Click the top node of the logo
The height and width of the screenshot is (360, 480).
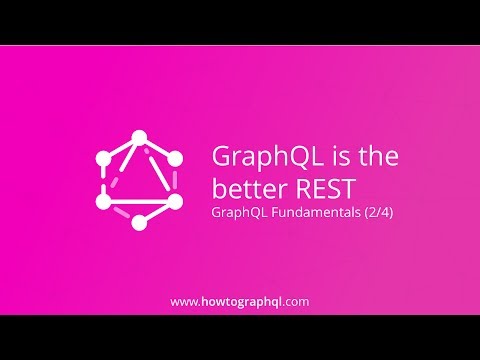click(139, 137)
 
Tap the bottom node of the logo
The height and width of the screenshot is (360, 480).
click(139, 222)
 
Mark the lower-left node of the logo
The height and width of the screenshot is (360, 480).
click(102, 201)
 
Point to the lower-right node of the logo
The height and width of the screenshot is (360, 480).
click(176, 201)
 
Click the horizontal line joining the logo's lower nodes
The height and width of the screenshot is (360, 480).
click(139, 201)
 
